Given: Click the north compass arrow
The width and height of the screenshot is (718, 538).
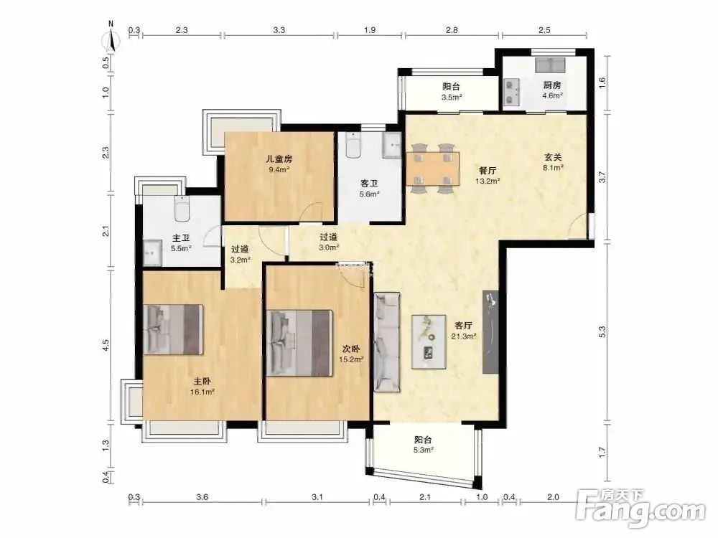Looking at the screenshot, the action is pyautogui.click(x=111, y=39).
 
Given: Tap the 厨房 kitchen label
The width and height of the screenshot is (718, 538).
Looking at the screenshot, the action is pyautogui.click(x=552, y=85).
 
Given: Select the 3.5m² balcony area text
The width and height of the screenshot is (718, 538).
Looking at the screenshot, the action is pyautogui.click(x=452, y=97).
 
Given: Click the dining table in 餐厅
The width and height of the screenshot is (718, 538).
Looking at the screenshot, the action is pyautogui.click(x=433, y=169).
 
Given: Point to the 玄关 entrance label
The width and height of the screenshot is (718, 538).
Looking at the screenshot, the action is pyautogui.click(x=553, y=157).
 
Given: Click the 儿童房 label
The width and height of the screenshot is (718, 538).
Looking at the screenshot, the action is pyautogui.click(x=279, y=159).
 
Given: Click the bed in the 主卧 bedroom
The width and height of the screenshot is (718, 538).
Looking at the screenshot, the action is pyautogui.click(x=173, y=329).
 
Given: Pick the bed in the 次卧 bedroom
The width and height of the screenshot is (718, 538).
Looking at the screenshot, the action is pyautogui.click(x=299, y=343).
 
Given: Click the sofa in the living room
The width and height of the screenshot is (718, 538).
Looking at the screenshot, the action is pyautogui.click(x=387, y=342).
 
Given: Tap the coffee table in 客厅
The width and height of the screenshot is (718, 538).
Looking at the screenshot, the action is pyautogui.click(x=429, y=341).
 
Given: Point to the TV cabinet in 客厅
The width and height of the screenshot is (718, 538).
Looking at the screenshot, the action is pyautogui.click(x=490, y=332).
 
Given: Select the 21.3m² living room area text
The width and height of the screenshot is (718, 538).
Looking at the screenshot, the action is pyautogui.click(x=464, y=336).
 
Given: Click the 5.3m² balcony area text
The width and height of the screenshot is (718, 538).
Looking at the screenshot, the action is pyautogui.click(x=423, y=450).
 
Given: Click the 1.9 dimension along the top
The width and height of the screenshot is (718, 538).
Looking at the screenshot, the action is pyautogui.click(x=370, y=30).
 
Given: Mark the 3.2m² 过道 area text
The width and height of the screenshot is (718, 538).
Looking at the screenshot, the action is pyautogui.click(x=241, y=260).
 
